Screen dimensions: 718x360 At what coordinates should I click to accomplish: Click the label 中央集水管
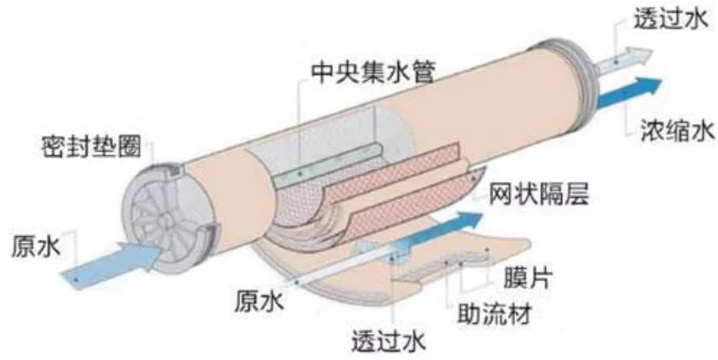[x=372, y=72]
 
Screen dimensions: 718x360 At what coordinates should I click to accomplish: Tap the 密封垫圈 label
[x=92, y=147]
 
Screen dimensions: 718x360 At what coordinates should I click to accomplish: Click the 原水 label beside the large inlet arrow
[x=36, y=247]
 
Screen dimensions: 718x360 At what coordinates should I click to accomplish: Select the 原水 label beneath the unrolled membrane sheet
[x=260, y=303]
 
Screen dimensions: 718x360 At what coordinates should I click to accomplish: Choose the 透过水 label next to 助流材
[x=388, y=341]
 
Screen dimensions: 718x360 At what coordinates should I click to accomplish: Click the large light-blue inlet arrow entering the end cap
[x=112, y=265]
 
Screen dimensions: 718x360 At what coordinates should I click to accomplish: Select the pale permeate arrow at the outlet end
[x=623, y=60]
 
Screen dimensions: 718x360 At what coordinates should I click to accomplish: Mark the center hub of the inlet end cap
[x=163, y=221]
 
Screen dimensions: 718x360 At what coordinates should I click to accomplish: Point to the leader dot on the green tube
[x=300, y=174]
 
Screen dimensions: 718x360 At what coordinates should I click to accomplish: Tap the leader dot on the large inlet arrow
[x=77, y=278]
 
